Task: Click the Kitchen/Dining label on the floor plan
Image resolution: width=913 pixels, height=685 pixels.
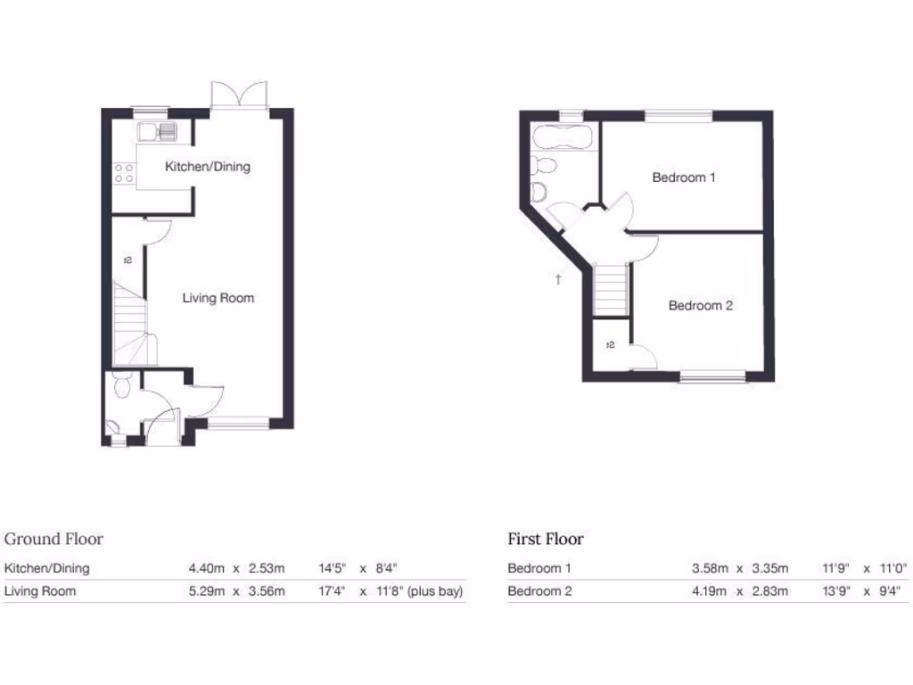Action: [207, 167]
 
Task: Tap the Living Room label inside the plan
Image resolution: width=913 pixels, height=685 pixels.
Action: [218, 298]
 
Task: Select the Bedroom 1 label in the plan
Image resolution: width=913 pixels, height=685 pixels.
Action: [684, 177]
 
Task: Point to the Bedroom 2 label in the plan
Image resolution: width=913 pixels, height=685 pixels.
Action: [701, 306]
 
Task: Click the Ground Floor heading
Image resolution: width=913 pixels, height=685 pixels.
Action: [53, 539]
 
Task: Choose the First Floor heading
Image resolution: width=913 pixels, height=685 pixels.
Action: [546, 539]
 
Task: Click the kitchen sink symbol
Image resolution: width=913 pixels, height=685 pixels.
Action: [158, 133]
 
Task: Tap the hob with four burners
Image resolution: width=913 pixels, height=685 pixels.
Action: [122, 171]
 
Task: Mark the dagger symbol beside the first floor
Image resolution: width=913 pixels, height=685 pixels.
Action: [558, 279]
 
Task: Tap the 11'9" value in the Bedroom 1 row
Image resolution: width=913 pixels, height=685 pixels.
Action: [836, 567]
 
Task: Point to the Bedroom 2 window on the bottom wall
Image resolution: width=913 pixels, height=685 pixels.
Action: [713, 377]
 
